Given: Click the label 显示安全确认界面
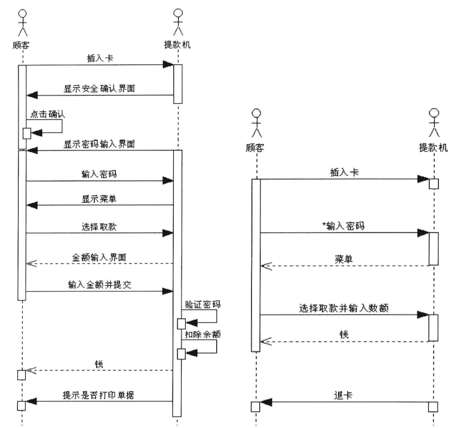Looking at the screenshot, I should [100, 88].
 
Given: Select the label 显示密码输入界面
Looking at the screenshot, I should [100, 144].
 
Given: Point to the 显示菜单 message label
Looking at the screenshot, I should [100, 199].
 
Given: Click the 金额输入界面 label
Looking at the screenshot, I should [100, 257].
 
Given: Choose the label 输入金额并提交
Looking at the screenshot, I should [100, 285].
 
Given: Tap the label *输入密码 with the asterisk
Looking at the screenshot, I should [345, 226].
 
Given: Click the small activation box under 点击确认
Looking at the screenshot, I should [27, 133].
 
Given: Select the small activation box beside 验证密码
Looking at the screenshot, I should [182, 324].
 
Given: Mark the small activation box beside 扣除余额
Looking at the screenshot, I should [182, 354].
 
